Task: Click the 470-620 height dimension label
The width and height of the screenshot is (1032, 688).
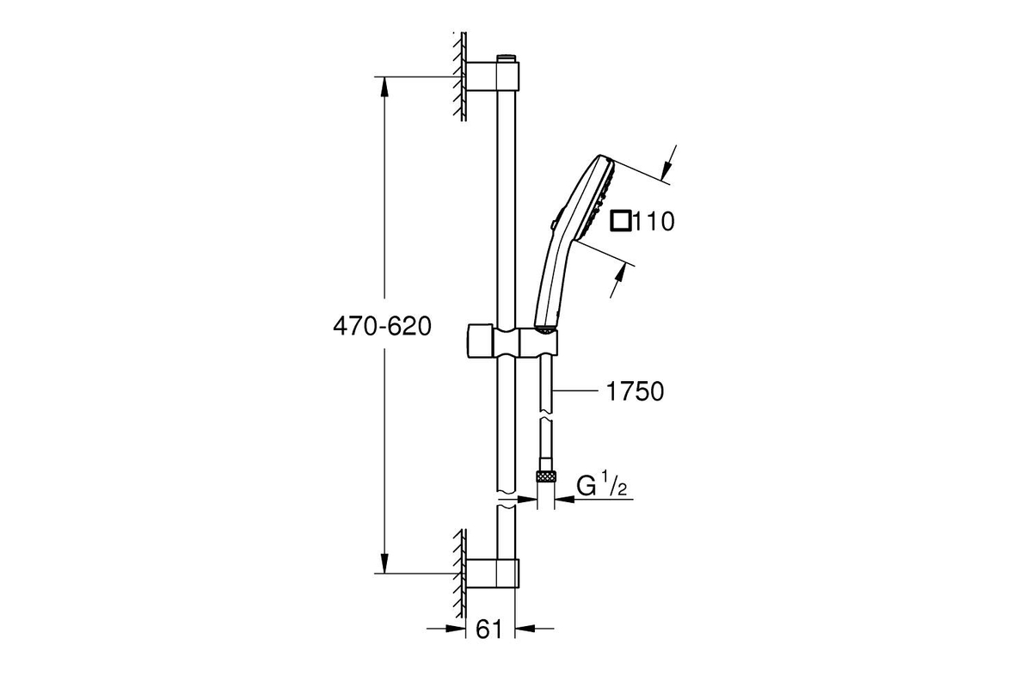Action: (x=382, y=327)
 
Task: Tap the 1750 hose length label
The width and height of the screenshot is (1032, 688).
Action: (x=635, y=391)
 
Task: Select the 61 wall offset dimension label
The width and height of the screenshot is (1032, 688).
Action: (x=488, y=629)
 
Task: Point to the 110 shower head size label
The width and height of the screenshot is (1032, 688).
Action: (x=654, y=221)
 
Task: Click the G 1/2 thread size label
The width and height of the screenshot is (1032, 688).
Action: (x=602, y=486)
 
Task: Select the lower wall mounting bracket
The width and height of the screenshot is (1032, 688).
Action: (x=493, y=574)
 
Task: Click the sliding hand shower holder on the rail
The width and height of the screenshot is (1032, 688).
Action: (x=513, y=341)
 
